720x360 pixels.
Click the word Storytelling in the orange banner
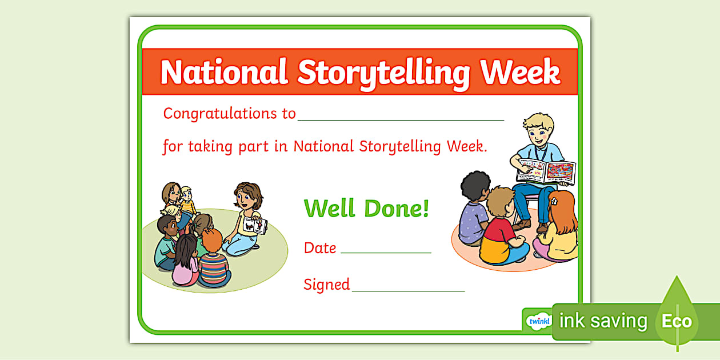384,73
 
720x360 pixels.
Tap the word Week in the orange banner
520,72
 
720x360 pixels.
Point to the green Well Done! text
366,208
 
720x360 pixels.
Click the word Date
320,248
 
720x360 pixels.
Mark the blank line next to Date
386,252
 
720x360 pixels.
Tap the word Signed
326,284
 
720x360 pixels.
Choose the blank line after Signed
408,290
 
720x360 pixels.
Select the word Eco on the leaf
677,321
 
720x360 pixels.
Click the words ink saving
603,321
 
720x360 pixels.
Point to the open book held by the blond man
546,171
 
